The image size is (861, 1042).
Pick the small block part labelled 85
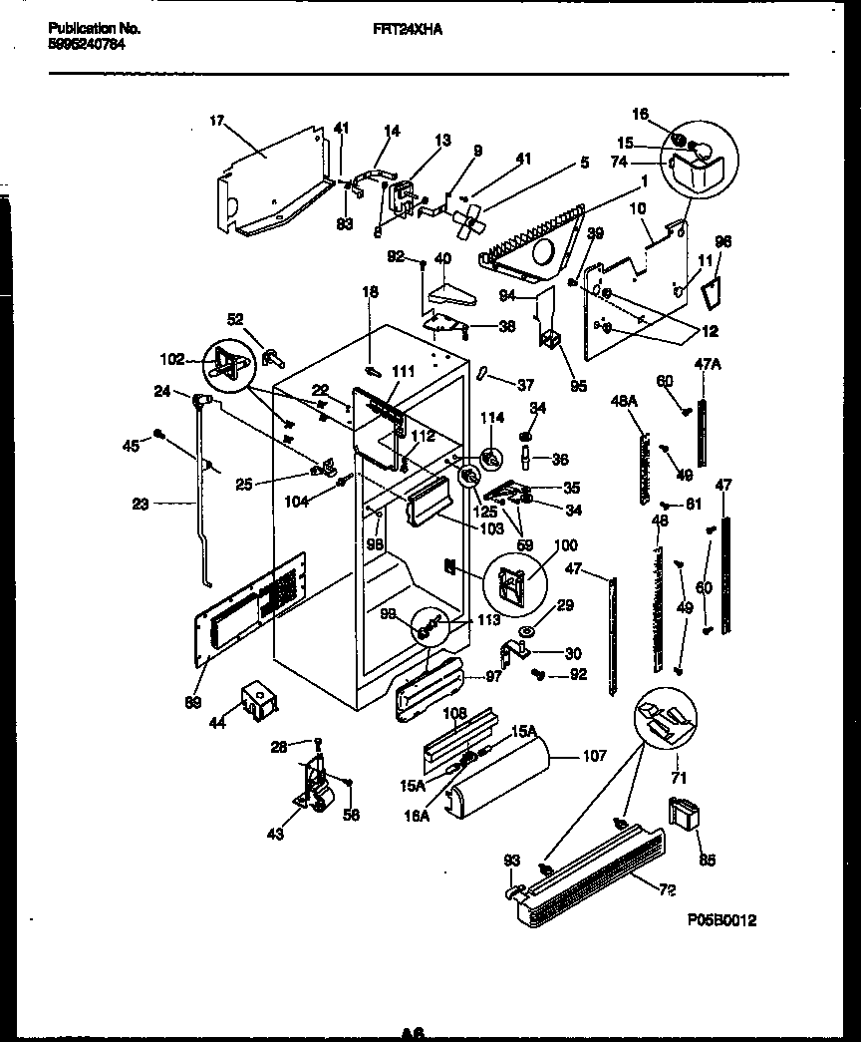pos(685,815)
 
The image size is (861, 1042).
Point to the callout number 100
pos(565,546)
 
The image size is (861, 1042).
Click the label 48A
pos(623,401)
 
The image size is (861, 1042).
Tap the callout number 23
pos(140,505)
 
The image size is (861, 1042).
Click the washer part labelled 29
pos(524,631)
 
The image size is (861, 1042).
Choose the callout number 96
pos(723,240)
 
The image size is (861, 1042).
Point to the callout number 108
pos(453,714)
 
